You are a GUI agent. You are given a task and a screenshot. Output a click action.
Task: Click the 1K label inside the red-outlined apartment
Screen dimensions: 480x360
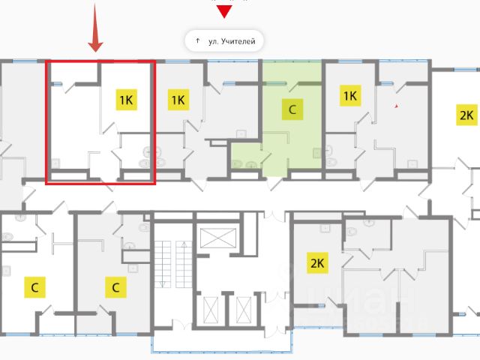126,99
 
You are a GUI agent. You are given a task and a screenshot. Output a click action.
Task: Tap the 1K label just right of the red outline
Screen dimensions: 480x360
178,99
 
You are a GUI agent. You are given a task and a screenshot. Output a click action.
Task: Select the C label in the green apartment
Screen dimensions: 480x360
292,109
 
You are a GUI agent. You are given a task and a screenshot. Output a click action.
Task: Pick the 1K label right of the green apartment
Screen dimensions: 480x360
349,95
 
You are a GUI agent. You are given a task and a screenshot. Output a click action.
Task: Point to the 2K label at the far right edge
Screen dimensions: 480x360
466,115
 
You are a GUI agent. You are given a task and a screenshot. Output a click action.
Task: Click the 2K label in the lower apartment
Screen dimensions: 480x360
317,262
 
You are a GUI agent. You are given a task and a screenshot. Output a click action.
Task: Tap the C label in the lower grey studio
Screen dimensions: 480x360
115,286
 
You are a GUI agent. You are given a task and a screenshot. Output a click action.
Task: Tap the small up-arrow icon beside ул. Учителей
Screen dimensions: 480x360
197,40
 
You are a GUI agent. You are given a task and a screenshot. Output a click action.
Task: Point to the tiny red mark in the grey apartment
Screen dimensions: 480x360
397,107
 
